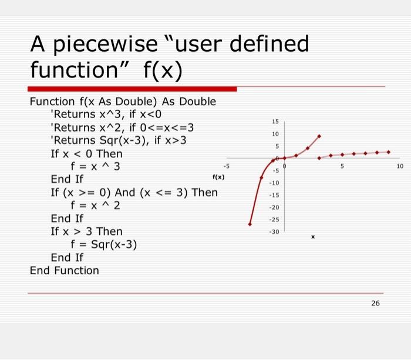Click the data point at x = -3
click(x=250, y=224)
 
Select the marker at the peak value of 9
click(x=319, y=136)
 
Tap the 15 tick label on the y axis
click(x=275, y=122)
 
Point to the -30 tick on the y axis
click(x=274, y=232)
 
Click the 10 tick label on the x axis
click(x=400, y=167)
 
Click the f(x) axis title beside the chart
click(x=218, y=176)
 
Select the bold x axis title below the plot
click(x=313, y=237)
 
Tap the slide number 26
click(x=375, y=303)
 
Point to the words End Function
click(x=65, y=270)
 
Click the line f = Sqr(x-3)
click(x=103, y=244)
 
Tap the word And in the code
click(x=126, y=193)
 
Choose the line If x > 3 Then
click(x=86, y=231)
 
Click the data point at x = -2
click(x=262, y=177)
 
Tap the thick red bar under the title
click(x=133, y=89)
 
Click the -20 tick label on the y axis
click(x=274, y=208)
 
